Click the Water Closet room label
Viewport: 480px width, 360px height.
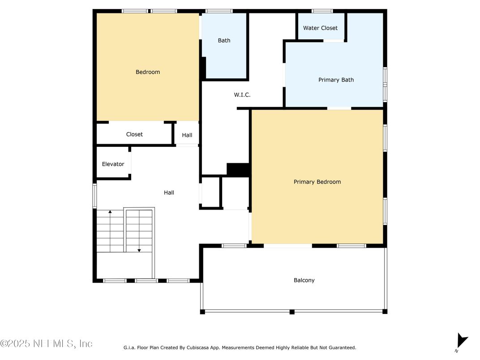320,28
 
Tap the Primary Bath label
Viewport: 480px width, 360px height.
336,80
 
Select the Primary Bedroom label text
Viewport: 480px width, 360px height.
317,182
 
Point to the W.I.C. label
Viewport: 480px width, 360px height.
242,95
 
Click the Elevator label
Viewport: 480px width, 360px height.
113,164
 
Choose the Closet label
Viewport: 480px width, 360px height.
134,134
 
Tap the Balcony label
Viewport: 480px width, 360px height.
304,280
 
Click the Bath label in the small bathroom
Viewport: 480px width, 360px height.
224,40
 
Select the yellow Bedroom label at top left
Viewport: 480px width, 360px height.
148,72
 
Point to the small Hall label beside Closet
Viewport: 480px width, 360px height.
187,135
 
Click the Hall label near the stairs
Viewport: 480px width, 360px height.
169,193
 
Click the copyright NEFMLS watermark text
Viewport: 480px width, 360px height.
46,343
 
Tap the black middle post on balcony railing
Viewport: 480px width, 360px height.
292,312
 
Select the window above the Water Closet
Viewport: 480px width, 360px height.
322,11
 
